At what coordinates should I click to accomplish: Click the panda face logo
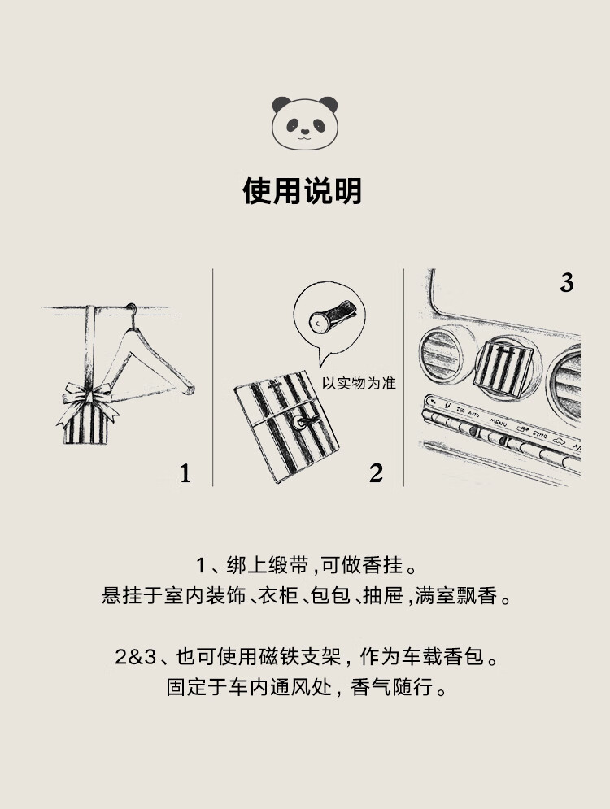304,123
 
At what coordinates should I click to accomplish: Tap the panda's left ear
281,104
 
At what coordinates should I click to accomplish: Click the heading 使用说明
303,191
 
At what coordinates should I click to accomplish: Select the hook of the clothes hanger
132,313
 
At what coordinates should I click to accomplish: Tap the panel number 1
185,474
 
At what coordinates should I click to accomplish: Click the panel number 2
376,474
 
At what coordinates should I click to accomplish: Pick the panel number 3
567,283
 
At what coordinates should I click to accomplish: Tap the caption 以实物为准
359,383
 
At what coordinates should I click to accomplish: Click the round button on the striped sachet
298,423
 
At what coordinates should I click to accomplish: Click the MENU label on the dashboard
498,422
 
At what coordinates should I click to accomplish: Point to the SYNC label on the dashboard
539,434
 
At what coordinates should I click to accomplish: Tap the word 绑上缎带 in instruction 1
268,566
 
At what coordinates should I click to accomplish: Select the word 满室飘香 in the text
456,596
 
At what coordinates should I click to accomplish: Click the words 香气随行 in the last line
392,687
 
